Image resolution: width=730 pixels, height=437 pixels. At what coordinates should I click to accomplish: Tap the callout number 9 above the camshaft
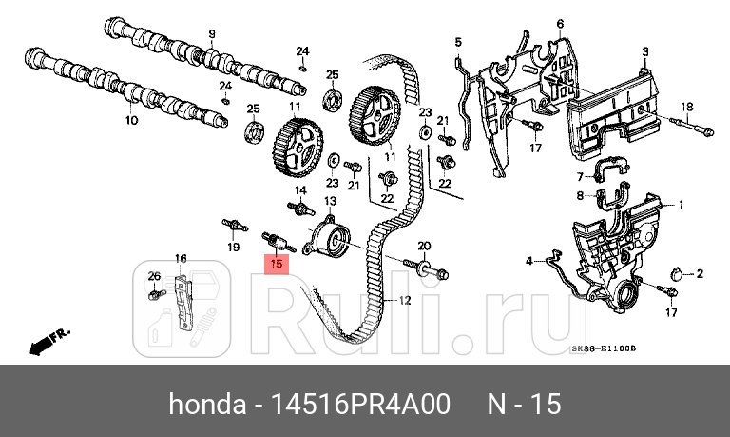click(211, 32)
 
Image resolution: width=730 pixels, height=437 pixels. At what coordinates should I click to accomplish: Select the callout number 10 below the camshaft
click(131, 120)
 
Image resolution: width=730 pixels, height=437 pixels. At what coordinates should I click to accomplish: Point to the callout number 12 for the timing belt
click(404, 300)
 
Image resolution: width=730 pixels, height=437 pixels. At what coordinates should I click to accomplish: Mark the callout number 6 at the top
click(561, 23)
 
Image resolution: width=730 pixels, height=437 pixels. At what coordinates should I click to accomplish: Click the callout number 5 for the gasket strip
click(457, 42)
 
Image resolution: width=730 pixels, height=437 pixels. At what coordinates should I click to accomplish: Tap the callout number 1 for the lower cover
click(681, 204)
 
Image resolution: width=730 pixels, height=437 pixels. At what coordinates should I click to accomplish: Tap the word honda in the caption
click(203, 405)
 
